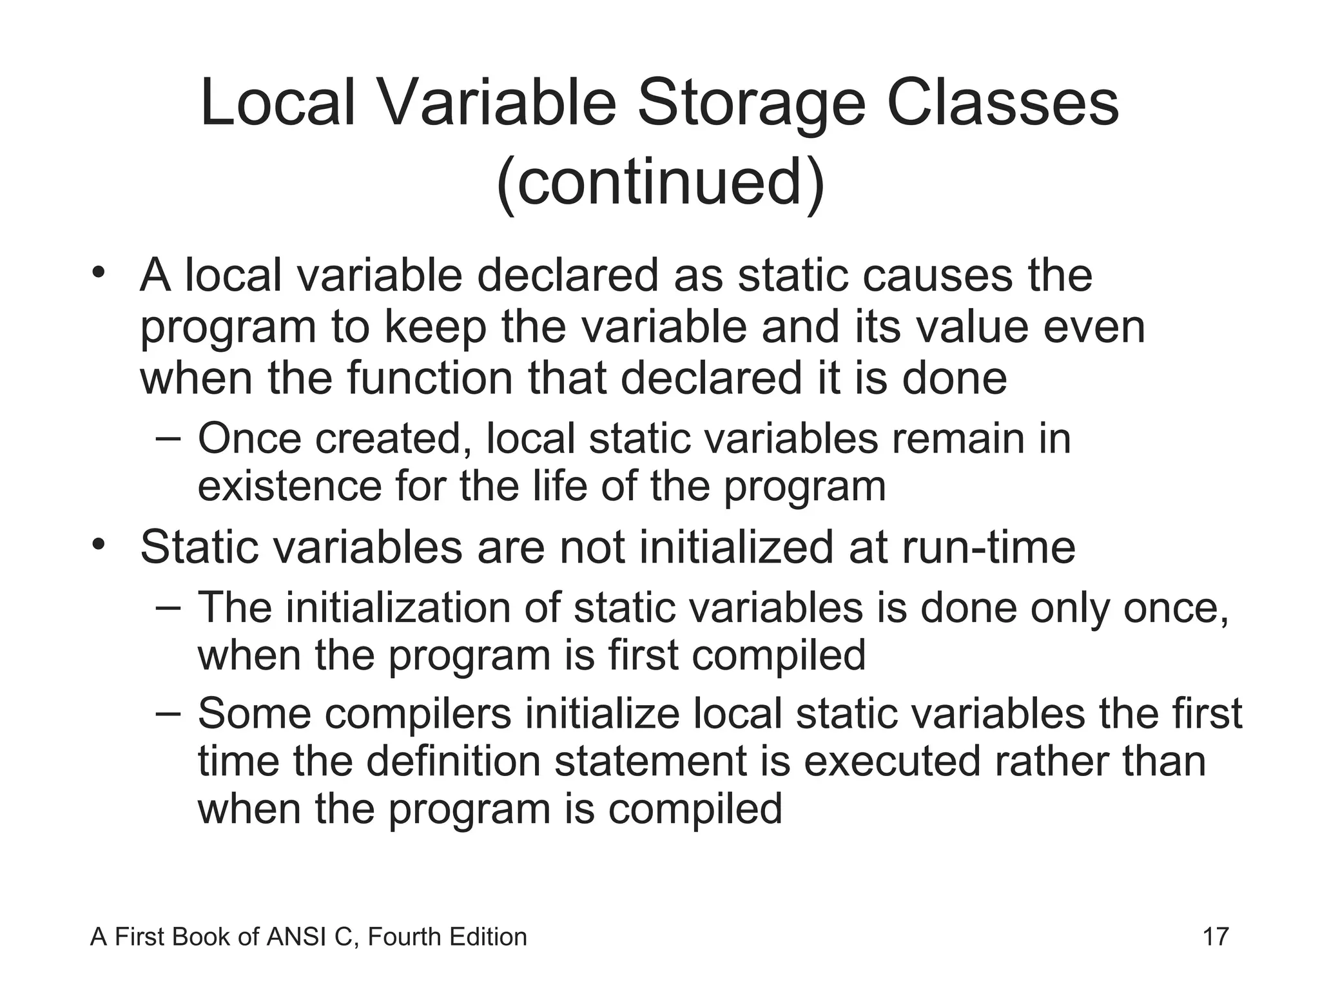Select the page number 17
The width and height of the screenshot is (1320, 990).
(1216, 937)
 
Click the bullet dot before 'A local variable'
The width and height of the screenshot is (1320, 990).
(98, 273)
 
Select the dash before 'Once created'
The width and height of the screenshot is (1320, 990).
(169, 438)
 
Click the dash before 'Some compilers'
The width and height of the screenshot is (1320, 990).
(169, 713)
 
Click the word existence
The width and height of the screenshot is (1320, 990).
(289, 486)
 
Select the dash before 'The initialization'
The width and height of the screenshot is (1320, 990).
(169, 607)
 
